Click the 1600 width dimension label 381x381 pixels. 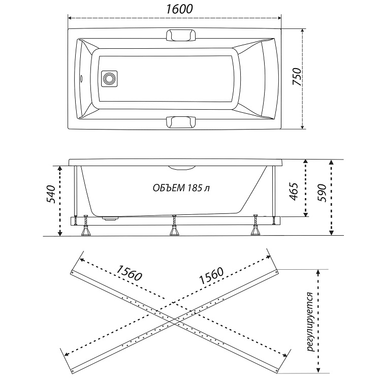click(x=175, y=9)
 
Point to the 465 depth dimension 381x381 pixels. click(x=295, y=192)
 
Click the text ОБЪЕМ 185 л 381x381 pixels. click(x=181, y=187)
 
